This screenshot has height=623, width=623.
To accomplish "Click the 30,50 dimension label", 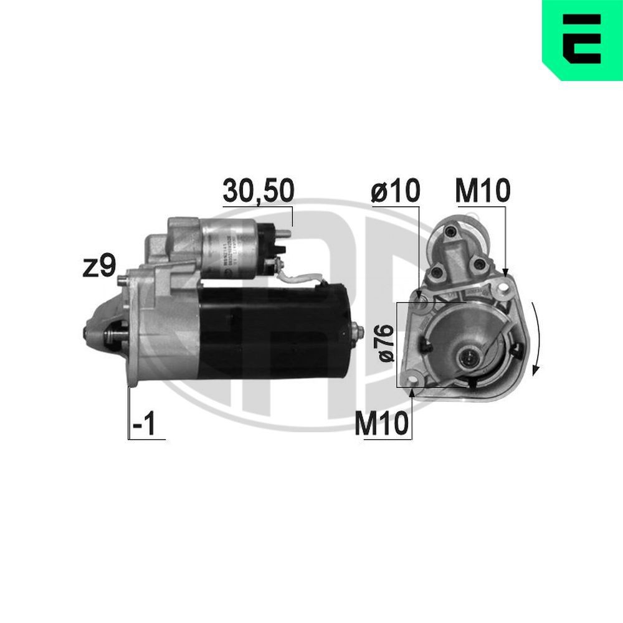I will [258, 192].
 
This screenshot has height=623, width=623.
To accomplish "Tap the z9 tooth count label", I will [100, 267].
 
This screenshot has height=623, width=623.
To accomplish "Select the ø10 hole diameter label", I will [395, 191].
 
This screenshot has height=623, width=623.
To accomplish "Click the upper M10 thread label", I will [482, 191].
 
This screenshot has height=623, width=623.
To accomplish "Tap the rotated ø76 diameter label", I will [386, 343].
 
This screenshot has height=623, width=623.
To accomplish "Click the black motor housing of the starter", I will [274, 330].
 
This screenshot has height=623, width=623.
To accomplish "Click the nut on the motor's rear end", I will [357, 331].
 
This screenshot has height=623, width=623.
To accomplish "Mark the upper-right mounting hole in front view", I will [503, 288].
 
